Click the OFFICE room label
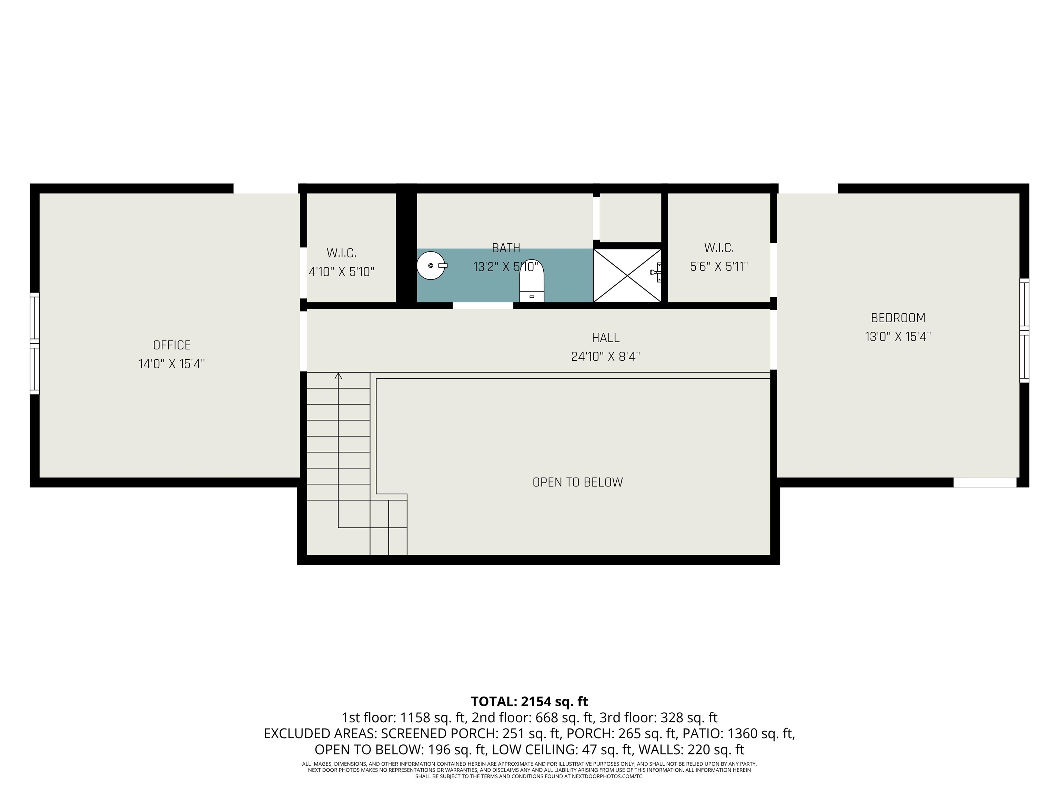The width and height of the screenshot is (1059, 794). (x=172, y=345)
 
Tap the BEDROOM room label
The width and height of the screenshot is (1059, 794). (x=898, y=318)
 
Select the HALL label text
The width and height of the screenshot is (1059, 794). (x=606, y=338)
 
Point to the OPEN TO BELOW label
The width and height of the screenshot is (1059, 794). (x=578, y=482)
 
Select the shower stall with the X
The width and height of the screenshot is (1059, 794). (x=627, y=276)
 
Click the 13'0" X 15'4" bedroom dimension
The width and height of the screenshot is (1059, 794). (x=898, y=336)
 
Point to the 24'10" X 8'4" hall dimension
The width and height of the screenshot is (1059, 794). (x=606, y=357)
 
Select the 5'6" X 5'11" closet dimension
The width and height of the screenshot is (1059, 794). (x=719, y=267)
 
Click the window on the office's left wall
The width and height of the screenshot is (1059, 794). (x=34, y=344)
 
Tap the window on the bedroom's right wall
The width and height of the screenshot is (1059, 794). (x=1024, y=330)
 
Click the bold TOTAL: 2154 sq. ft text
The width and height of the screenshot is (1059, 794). (x=529, y=702)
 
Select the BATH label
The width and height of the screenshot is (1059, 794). (x=506, y=248)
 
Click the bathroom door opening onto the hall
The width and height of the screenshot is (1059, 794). (x=483, y=306)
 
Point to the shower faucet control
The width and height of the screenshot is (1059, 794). (x=656, y=272)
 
